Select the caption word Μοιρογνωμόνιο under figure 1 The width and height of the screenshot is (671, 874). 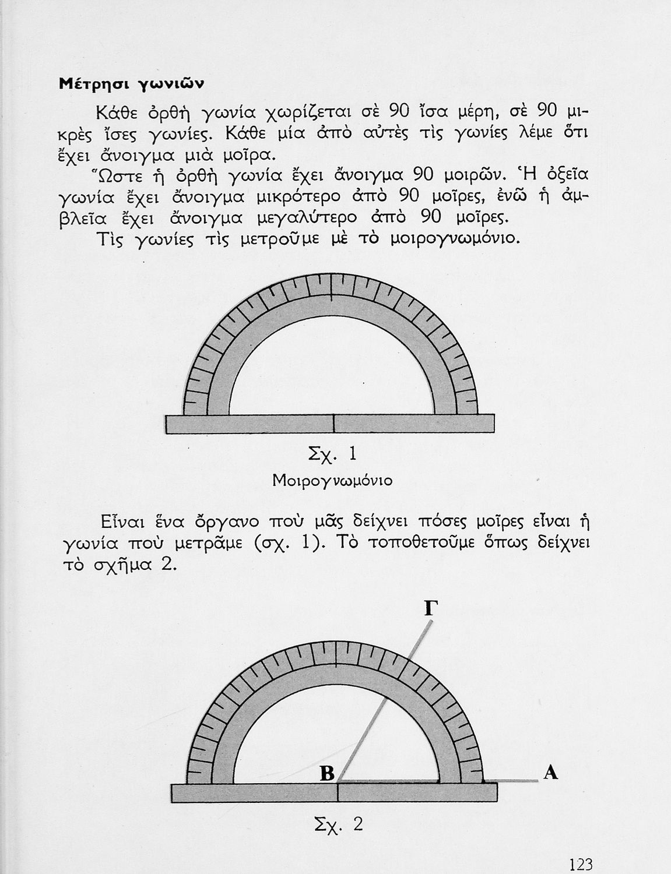pos(332,481)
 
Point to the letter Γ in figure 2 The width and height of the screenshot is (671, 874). pos(430,608)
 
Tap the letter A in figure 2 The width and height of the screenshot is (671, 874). pos(550,773)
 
